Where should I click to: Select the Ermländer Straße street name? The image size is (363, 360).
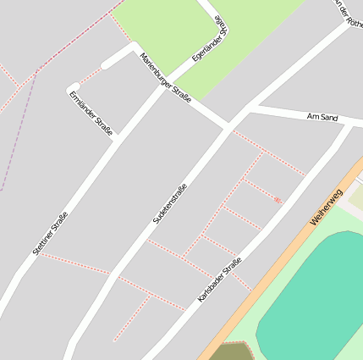[91, 111]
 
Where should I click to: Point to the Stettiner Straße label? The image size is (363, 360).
[50, 233]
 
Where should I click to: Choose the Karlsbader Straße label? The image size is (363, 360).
[220, 280]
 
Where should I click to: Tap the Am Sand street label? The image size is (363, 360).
[322, 117]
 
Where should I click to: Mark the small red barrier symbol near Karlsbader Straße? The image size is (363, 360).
[278, 200]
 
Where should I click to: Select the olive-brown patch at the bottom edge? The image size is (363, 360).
[228, 352]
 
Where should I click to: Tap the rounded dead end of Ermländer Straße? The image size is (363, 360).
[73, 88]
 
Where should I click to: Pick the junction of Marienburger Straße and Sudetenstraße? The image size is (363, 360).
[229, 128]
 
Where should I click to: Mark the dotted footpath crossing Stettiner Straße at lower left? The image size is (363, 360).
[76, 263]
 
